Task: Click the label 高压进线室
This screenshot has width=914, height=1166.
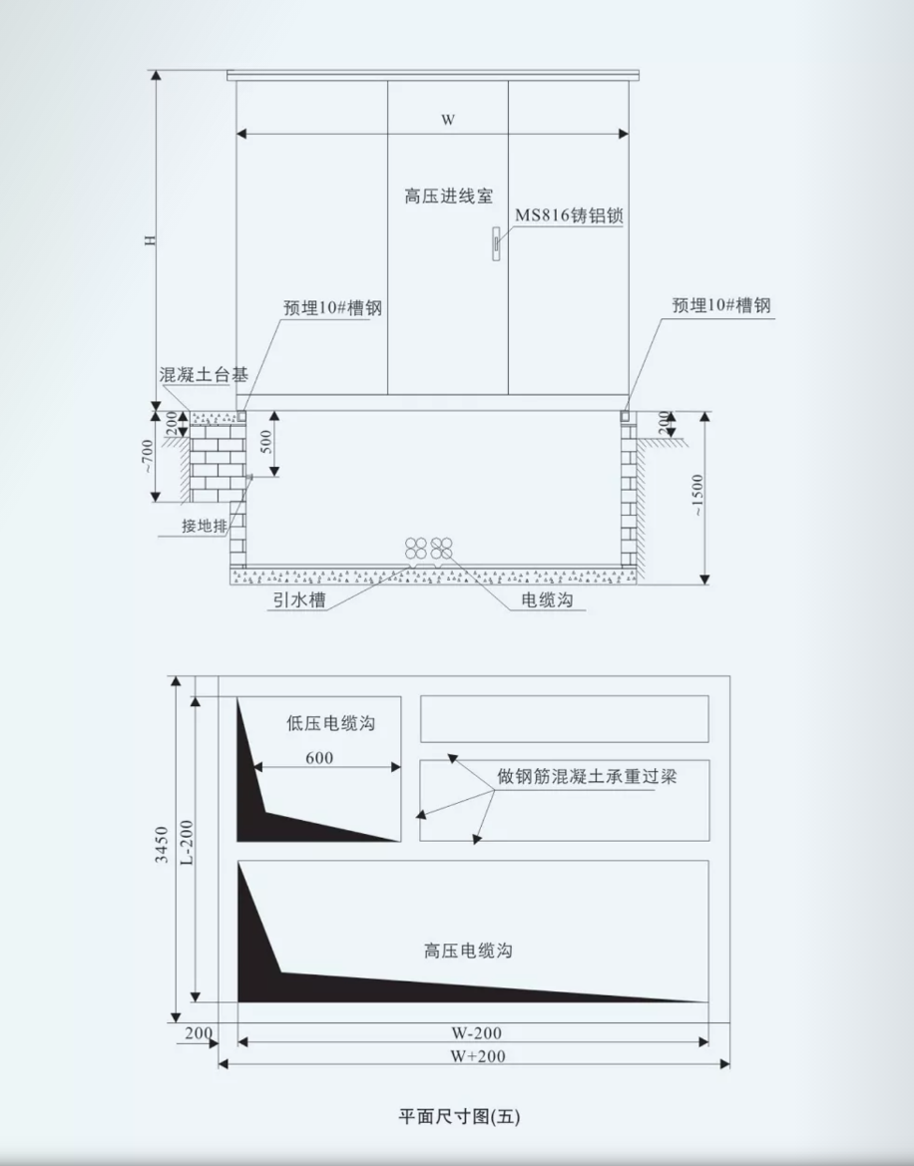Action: [448, 196]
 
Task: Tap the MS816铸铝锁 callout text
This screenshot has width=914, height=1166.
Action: [569, 215]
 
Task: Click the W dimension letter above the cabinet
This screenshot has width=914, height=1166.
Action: [448, 120]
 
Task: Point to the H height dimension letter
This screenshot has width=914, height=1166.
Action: [151, 240]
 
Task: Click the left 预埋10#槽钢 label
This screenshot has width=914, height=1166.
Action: [332, 308]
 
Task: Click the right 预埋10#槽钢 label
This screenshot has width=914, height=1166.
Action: [721, 305]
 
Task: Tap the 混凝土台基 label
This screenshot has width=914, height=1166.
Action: [204, 374]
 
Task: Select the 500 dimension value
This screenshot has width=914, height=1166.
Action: [266, 442]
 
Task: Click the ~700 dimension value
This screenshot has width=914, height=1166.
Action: [148, 455]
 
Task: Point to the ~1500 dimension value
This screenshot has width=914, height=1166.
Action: [696, 496]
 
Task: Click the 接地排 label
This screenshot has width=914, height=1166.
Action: [205, 526]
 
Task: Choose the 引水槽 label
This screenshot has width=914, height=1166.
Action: [299, 599]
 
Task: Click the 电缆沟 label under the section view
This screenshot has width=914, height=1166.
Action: [548, 599]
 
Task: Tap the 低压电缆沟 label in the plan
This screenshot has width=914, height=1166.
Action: [331, 723]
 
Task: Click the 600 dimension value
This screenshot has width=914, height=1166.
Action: [319, 758]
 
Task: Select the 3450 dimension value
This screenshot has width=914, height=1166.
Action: [161, 845]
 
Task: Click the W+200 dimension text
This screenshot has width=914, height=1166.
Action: [477, 1056]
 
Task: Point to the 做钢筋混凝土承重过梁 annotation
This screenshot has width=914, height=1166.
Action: [588, 777]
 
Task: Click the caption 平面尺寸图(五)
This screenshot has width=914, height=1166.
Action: [460, 1116]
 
